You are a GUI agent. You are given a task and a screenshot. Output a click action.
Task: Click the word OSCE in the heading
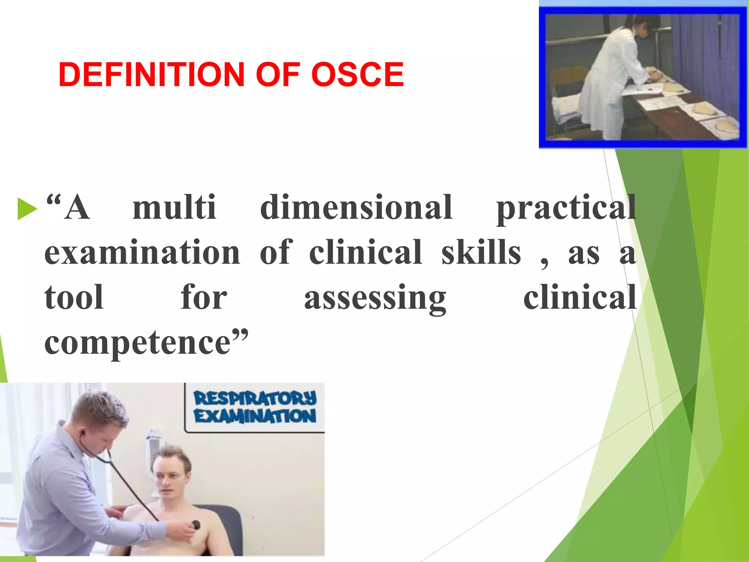[x=357, y=75]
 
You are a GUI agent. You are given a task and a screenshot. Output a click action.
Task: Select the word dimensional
[x=356, y=208]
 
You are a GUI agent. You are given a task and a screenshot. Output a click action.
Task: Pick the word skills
[x=481, y=252]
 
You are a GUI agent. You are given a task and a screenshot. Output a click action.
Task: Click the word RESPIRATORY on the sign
[x=255, y=398]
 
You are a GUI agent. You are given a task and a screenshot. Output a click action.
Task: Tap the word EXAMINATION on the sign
[x=255, y=416]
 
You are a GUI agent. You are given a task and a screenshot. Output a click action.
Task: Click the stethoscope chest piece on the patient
[x=196, y=525]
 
